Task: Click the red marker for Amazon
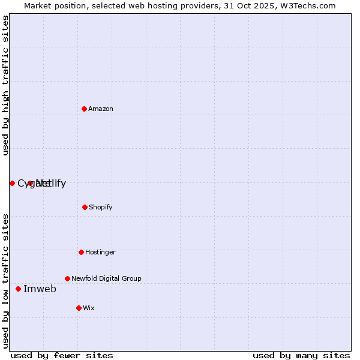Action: [84, 109]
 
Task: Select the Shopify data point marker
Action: [85, 207]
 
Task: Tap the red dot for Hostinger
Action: [81, 252]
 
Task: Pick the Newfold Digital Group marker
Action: [67, 278]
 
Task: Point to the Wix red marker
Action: [79, 308]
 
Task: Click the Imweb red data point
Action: [18, 289]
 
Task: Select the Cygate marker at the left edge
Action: [12, 183]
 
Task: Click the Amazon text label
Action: [101, 109]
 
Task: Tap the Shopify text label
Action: [101, 207]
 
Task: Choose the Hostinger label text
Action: [100, 252]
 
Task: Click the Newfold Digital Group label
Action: [106, 278]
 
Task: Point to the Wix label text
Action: [89, 308]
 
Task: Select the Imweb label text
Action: [40, 289]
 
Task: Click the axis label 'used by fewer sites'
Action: [62, 355]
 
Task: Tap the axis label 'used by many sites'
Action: [301, 355]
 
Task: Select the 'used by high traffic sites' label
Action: [5, 85]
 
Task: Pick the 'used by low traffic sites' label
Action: [5, 280]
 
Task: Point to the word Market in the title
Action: [38, 5]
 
